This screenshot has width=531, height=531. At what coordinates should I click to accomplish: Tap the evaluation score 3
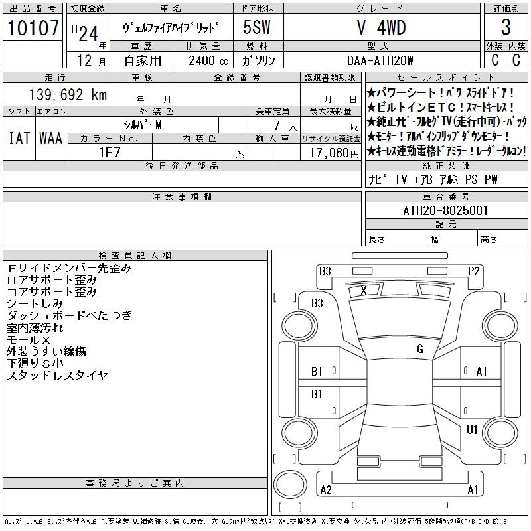tap(506, 28)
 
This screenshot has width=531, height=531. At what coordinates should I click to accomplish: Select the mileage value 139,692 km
tap(66, 95)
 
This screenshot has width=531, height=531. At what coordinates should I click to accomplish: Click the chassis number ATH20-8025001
tap(445, 210)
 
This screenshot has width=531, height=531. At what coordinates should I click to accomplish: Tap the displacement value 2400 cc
tap(204, 60)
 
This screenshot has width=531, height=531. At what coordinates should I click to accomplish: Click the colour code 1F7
tap(110, 152)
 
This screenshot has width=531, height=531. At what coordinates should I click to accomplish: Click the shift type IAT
tap(19, 138)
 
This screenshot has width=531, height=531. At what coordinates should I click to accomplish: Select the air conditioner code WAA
tap(50, 138)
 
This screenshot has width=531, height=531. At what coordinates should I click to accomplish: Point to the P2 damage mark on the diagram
tap(473, 271)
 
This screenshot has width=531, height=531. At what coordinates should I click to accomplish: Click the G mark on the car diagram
tap(419, 349)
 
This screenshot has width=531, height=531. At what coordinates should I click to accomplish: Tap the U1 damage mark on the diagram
tap(472, 430)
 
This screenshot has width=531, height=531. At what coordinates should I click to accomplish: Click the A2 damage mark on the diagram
tap(325, 490)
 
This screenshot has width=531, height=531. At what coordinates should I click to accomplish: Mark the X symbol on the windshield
tap(364, 291)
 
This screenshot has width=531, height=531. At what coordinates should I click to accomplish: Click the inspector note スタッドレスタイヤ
tap(57, 376)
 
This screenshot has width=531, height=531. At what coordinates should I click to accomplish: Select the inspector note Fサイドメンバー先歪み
tap(69, 268)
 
